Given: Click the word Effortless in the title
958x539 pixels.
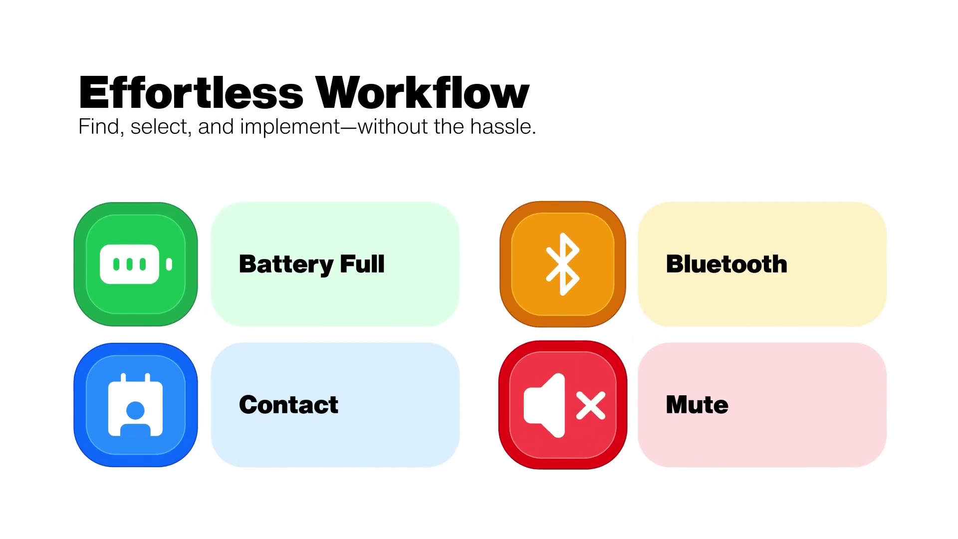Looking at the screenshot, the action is point(191,92).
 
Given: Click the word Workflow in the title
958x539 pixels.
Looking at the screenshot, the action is point(423,92).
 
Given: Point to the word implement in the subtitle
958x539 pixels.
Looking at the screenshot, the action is point(290,127).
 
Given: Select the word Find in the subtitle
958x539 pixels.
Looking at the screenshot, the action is point(99,126).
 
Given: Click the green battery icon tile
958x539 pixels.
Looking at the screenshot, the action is point(136,264).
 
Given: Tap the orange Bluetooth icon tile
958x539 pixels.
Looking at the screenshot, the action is point(563,264).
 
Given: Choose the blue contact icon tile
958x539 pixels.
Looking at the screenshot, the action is point(136,405).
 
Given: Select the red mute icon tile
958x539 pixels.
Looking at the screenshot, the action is point(563,405).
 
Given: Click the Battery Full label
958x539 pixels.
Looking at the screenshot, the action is point(312,264).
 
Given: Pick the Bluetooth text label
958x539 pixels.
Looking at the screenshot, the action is point(726,264).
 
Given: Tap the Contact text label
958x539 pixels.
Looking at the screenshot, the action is point(288,405).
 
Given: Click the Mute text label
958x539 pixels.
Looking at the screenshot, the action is point(697,405).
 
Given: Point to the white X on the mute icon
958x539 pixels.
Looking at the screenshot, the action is point(591,405).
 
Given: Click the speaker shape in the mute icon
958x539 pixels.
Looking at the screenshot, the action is point(544,405).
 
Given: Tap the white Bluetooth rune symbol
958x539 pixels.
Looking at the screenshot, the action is point(563,264).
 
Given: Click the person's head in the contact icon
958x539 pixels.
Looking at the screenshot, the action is point(136,411).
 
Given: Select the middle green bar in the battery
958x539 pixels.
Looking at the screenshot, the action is point(130,264).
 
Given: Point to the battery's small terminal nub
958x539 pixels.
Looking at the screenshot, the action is point(169,264).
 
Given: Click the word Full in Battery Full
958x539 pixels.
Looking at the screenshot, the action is point(362,264).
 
